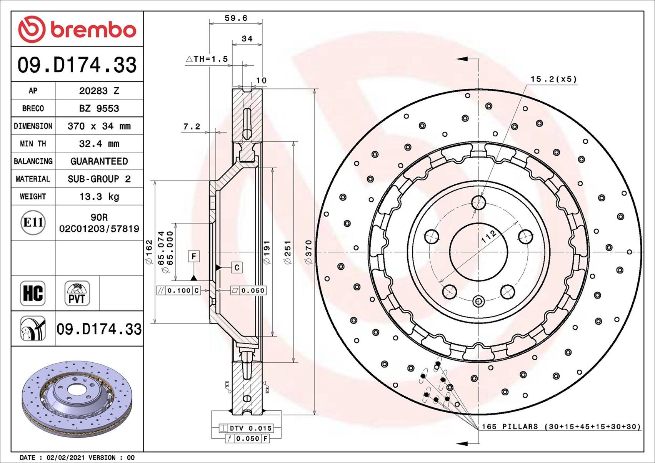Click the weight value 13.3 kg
point(99,197)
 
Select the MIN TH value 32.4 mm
point(99,144)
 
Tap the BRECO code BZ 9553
point(99,108)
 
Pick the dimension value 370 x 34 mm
point(99,126)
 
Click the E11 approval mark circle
point(33,222)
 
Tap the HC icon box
point(33,293)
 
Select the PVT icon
point(77,293)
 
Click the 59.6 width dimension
point(235,18)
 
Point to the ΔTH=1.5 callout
point(207,59)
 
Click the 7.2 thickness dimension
point(192,126)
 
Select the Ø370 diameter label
point(308,252)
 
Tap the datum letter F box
point(194,256)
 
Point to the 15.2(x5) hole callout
point(553,79)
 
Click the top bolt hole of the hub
point(479,202)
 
